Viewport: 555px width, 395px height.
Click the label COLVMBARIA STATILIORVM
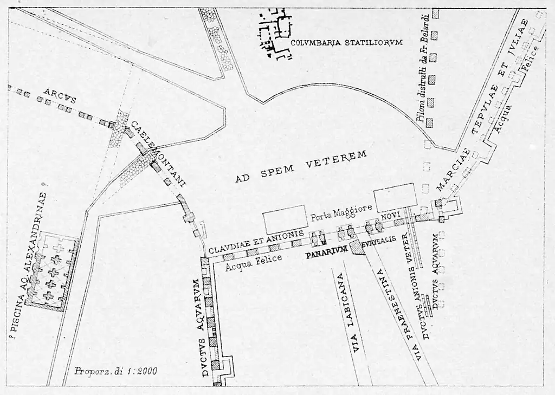[x=346, y=42]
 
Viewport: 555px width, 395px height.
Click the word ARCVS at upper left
[x=60, y=95]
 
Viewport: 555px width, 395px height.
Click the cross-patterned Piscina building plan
[x=53, y=271]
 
